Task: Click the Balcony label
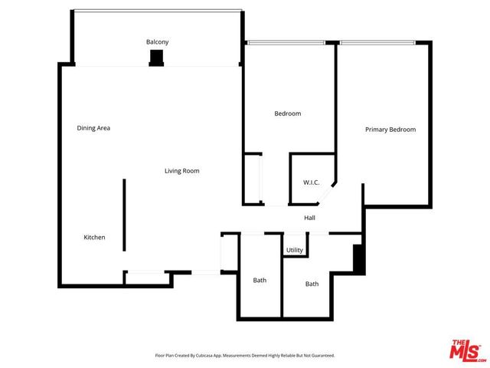click(157, 41)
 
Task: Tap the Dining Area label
click(93, 128)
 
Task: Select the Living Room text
click(181, 171)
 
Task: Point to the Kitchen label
click(94, 238)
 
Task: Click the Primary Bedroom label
click(390, 130)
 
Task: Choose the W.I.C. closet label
click(311, 182)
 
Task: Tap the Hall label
click(309, 219)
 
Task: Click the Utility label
click(295, 251)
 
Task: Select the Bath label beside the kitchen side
click(260, 281)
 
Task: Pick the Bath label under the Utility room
click(312, 284)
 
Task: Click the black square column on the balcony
click(157, 58)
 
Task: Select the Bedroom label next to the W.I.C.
click(288, 114)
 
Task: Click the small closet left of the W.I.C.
click(252, 179)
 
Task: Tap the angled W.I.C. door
click(327, 195)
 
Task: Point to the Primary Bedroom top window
click(378, 42)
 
